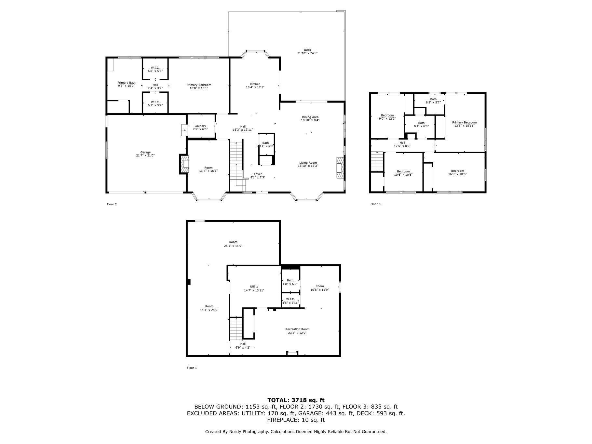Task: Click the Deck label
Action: click(307, 50)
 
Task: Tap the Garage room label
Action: click(145, 152)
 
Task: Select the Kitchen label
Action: click(255, 84)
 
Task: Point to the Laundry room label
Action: click(200, 126)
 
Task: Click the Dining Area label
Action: click(310, 117)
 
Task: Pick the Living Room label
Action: click(308, 163)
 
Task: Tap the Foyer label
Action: click(258, 174)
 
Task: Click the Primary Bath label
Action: click(126, 83)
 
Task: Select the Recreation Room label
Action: click(297, 329)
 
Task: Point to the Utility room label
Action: click(254, 287)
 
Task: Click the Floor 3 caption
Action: click(375, 204)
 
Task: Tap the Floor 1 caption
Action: click(192, 368)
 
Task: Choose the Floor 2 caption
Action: click(112, 204)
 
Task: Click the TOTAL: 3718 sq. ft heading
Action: click(296, 400)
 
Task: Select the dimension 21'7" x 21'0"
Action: click(145, 155)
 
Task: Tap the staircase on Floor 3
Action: click(377, 161)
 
